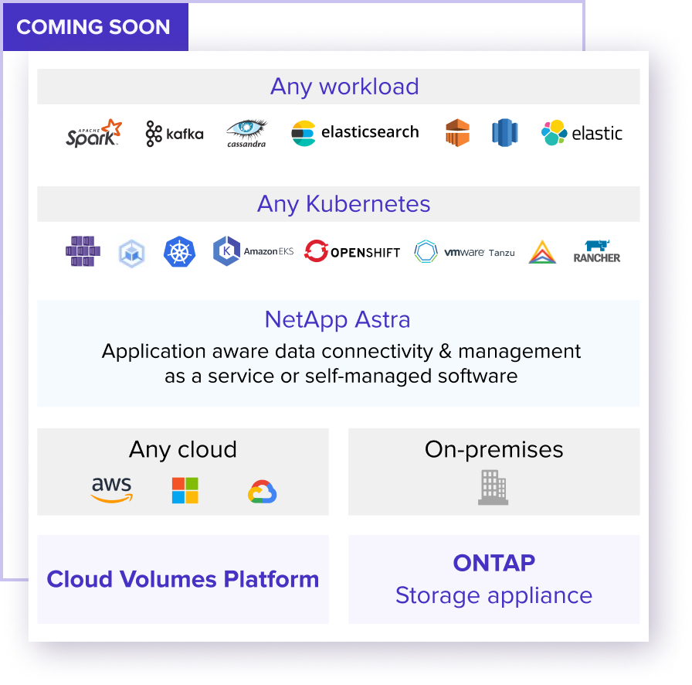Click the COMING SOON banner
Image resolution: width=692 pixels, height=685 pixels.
pos(96,27)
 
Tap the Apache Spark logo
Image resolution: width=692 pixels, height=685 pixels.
pos(93,132)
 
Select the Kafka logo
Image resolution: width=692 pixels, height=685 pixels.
pos(175,134)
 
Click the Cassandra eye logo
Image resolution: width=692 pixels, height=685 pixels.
pos(246,133)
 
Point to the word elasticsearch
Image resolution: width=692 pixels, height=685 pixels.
pos(370,131)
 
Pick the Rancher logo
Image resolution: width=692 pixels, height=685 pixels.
pos(597,251)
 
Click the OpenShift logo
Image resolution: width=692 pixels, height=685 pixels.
pos(352,251)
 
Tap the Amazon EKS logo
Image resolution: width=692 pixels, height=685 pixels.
pos(253,251)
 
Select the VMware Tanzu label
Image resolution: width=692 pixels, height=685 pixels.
pos(480,252)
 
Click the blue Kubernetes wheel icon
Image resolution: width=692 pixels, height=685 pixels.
pos(179,251)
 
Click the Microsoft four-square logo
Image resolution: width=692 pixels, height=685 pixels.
pos(185,490)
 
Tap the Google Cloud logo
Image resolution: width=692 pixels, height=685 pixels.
pos(262,492)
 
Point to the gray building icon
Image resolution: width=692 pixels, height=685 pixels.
pos(493,487)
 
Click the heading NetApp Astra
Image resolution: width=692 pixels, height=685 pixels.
pos(338,320)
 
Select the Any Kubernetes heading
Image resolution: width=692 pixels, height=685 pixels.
pos(344,205)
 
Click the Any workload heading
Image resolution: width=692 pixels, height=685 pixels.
pos(344,87)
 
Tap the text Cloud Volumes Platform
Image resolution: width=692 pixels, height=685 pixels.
pos(183,579)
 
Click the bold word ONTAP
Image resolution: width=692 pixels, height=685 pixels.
pos(494,563)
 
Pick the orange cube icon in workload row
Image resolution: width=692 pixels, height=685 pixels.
pos(458,132)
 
